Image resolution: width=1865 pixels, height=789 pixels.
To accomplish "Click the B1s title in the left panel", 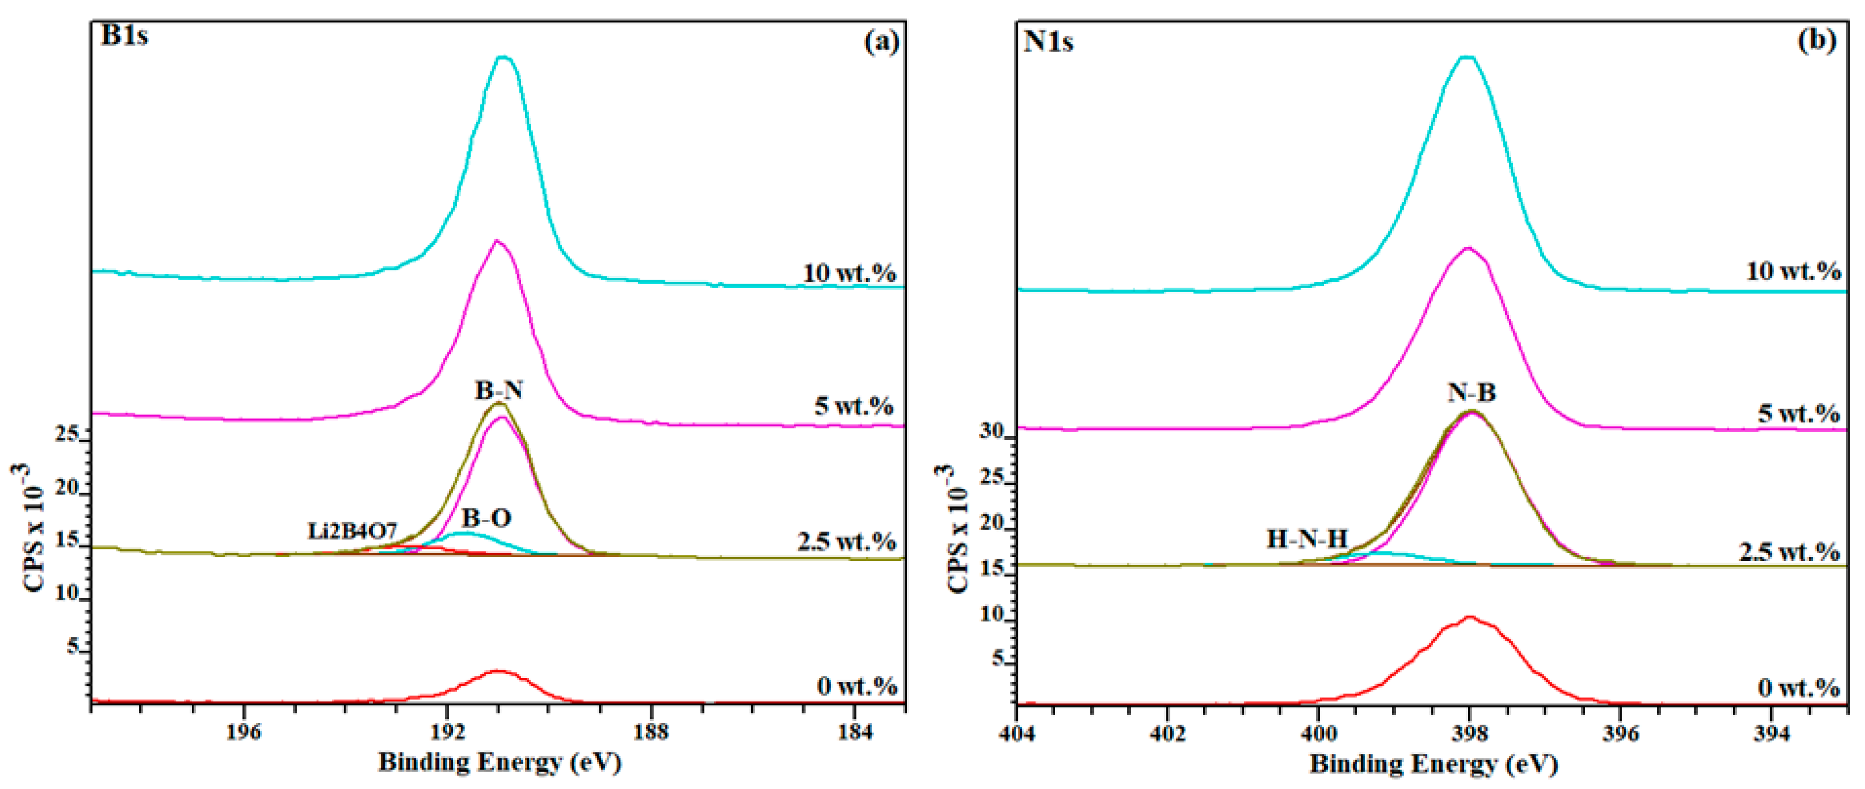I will point(125,36).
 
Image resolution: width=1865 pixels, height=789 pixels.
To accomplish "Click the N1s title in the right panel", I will point(1048,42).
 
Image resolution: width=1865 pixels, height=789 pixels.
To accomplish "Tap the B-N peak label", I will point(499,391).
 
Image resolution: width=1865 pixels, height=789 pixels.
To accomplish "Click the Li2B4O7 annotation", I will point(352,531).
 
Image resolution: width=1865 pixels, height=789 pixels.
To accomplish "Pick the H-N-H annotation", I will point(1307,538).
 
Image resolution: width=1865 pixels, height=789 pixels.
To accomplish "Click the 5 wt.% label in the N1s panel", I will point(1798,414).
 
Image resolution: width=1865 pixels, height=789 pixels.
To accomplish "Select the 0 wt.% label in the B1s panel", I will point(857,685).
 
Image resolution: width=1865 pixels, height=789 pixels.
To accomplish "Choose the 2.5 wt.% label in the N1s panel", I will point(1789,552).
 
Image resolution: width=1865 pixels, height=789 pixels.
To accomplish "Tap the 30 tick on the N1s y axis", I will point(992,431).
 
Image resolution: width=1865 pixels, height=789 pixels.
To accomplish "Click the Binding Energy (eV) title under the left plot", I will point(500,762).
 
